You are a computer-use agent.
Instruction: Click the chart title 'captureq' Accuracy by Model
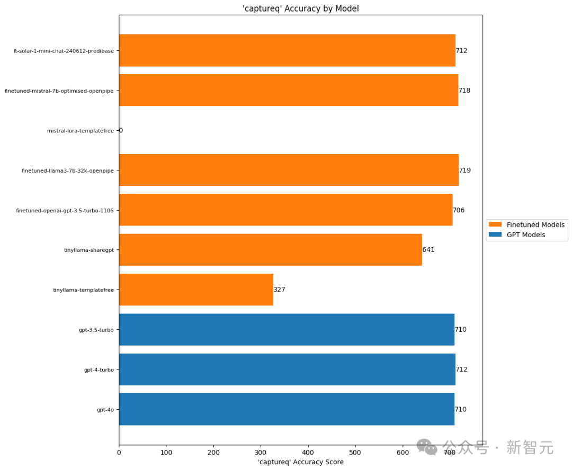[x=300, y=8]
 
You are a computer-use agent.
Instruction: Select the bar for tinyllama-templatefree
[x=196, y=290]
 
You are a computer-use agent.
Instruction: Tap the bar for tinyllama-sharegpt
[x=270, y=250]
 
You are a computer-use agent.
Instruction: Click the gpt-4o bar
[x=287, y=409]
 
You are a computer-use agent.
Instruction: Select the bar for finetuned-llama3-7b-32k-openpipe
[x=289, y=170]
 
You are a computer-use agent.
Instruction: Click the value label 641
[x=428, y=250]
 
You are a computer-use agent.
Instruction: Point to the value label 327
[x=280, y=290]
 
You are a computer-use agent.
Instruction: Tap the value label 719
[x=465, y=170]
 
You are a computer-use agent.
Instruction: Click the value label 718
[x=464, y=91]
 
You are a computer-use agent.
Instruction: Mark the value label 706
[x=459, y=210]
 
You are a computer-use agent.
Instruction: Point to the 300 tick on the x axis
[x=261, y=453]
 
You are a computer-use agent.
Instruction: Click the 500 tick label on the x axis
[x=355, y=453]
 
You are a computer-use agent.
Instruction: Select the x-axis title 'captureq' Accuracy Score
[x=300, y=462]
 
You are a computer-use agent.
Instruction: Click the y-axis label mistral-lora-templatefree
[x=81, y=130]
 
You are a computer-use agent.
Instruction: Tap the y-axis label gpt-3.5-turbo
[x=96, y=330]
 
